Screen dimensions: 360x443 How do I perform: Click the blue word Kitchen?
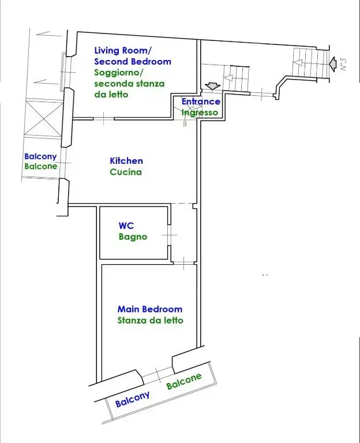point(126,161)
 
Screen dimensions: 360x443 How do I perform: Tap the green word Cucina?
point(126,172)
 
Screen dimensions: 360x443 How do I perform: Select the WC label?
point(126,226)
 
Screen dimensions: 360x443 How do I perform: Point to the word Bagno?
point(133,236)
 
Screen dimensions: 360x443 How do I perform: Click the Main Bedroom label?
point(150,309)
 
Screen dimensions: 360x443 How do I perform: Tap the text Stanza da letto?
point(151,320)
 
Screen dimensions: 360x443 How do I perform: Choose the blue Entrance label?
point(201,102)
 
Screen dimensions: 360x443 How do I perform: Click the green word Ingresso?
point(200,112)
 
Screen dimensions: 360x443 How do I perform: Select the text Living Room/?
point(123,51)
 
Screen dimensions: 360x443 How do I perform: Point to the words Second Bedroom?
point(133,62)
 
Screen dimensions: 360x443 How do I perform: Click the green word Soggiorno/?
point(119,73)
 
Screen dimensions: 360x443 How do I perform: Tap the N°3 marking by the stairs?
point(343,65)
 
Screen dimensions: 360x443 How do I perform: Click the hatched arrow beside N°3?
point(333,64)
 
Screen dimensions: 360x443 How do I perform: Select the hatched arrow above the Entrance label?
point(212,86)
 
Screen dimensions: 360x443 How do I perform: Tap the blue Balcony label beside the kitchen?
point(40,156)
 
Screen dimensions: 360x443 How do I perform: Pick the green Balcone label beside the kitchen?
point(41,166)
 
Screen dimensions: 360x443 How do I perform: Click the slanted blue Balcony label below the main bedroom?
point(132,399)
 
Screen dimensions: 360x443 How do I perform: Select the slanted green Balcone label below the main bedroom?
point(184,381)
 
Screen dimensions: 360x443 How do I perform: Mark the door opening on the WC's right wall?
point(169,235)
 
